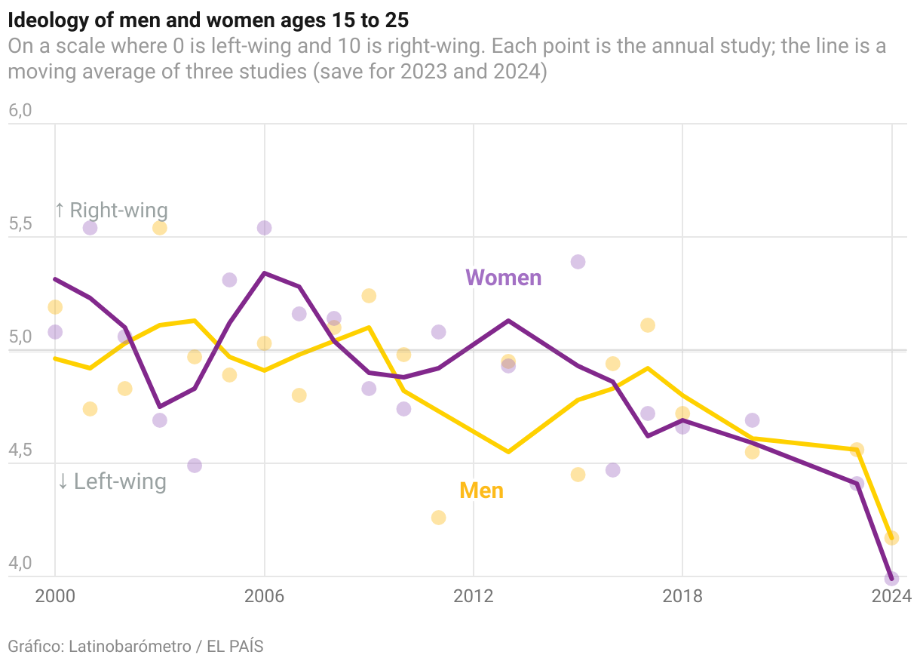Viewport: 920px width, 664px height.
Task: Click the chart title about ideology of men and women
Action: click(208, 19)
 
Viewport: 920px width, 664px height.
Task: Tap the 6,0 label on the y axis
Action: click(20, 111)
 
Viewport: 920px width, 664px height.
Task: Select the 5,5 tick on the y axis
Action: click(20, 224)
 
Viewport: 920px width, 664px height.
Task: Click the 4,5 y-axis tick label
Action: click(20, 450)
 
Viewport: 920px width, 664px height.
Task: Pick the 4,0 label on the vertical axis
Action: click(20, 564)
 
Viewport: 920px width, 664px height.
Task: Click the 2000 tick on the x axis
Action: click(55, 596)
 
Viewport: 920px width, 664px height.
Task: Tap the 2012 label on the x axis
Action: click(473, 596)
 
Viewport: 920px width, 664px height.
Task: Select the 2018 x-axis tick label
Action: click(682, 596)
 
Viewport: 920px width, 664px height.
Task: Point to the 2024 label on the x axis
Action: click(891, 596)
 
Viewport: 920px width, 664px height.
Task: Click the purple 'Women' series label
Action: click(503, 278)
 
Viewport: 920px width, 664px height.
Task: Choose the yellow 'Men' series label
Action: click(481, 490)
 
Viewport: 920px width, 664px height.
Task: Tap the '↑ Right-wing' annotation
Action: click(111, 210)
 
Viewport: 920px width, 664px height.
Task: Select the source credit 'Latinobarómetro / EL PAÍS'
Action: click(166, 646)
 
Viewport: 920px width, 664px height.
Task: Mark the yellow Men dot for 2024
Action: click(891, 538)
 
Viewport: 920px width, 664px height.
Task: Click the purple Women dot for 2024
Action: click(891, 578)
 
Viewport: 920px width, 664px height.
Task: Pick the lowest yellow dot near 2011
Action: click(438, 518)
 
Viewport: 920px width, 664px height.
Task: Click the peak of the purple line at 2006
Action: click(264, 273)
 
